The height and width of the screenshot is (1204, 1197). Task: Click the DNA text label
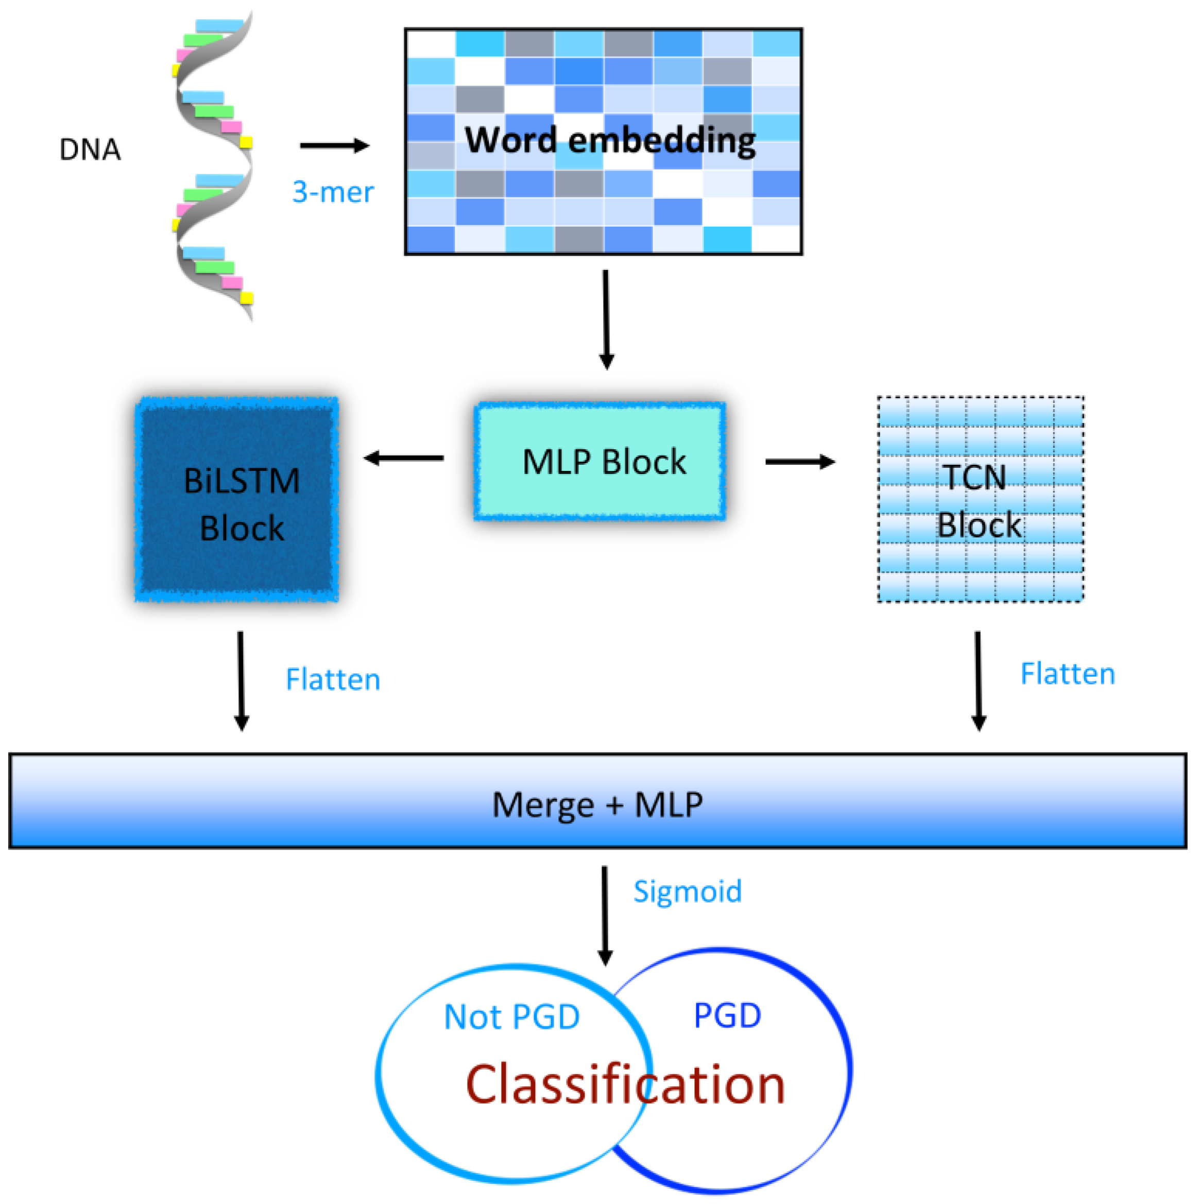90,149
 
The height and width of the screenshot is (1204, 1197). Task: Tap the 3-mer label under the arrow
333,192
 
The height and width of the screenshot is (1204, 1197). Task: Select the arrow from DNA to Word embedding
335,146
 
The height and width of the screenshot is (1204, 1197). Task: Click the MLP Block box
600,461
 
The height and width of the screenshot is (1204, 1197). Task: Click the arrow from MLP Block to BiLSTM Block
404,459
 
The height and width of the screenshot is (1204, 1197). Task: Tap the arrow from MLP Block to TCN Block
800,462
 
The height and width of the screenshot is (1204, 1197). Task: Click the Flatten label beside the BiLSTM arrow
333,679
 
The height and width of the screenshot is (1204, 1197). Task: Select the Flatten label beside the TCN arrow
1067,674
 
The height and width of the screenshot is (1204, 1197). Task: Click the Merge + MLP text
597,805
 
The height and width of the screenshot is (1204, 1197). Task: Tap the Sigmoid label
687,892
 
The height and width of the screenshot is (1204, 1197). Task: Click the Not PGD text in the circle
511,1017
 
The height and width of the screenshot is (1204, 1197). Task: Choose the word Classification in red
625,1085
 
